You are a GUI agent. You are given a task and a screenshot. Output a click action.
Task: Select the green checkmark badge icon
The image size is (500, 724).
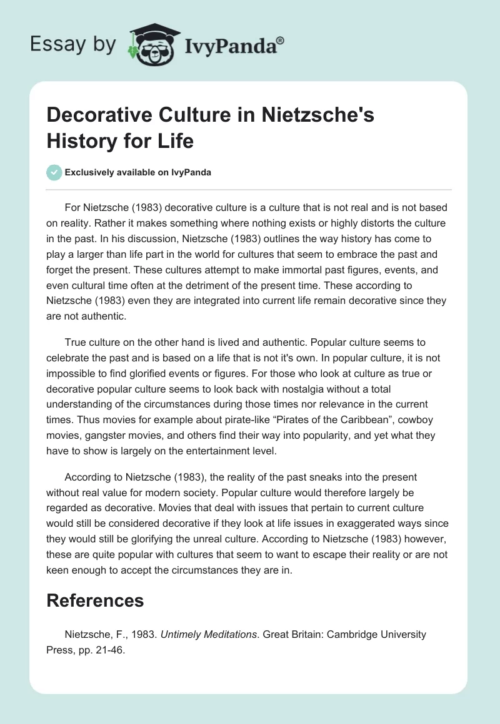[x=54, y=172]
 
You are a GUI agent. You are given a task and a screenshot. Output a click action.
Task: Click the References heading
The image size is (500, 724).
[x=95, y=600]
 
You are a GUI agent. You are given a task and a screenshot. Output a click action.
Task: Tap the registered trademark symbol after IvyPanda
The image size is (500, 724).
[x=281, y=40]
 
